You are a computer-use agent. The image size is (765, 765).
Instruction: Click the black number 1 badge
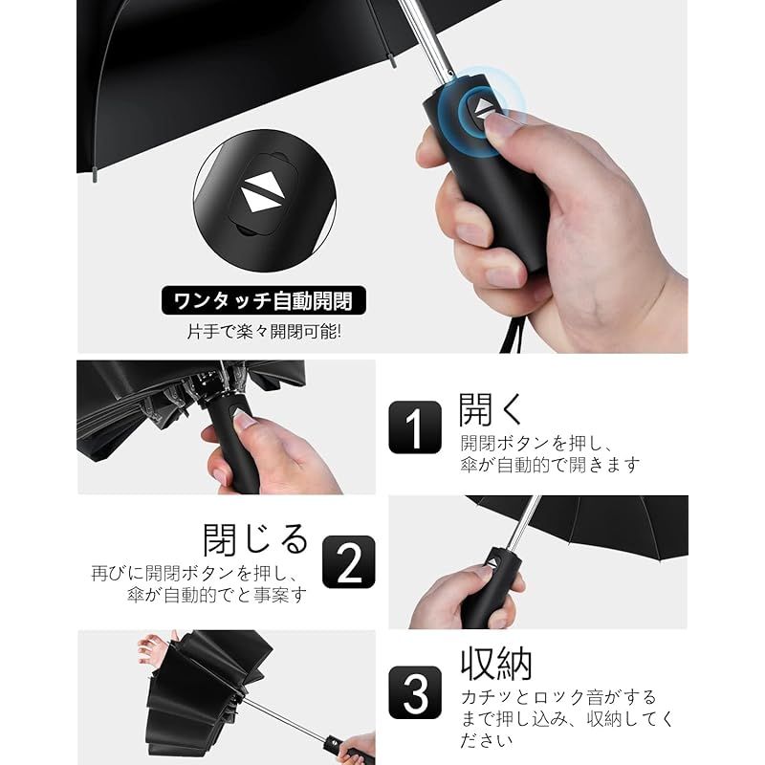pos(415,426)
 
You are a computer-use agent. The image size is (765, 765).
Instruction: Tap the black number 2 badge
pos(349,562)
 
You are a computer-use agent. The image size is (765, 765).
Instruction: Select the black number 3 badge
pos(415,692)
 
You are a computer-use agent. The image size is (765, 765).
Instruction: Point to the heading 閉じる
pos(255,539)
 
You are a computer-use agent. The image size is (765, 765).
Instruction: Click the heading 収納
pos(496,663)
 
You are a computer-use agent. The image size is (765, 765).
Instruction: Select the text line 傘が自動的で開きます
pos(550,465)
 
